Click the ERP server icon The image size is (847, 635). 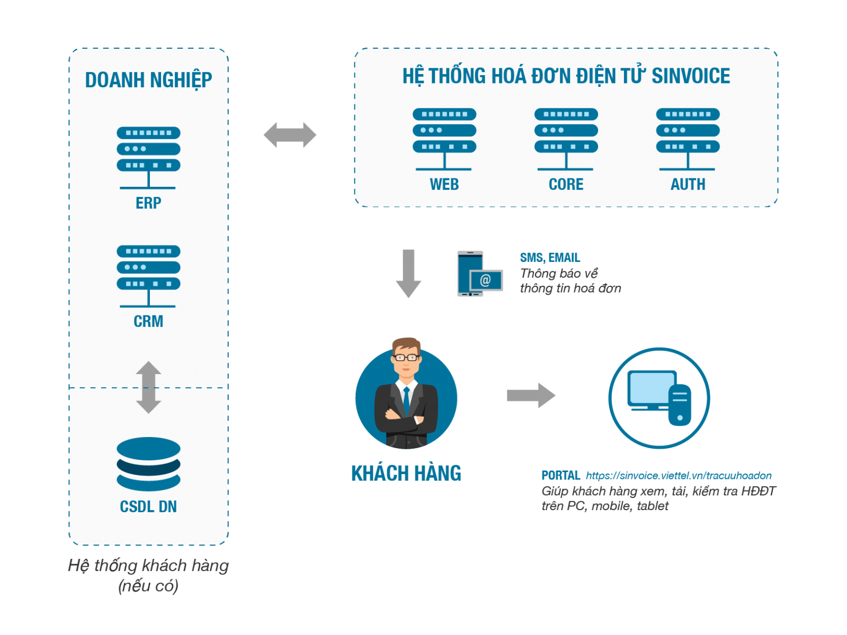pos(148,157)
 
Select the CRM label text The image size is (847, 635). pos(148,321)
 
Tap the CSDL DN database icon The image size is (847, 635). pos(148,464)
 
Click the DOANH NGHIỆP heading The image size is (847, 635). pos(148,80)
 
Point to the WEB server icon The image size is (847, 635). pos(444,138)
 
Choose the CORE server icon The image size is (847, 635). pos(566,138)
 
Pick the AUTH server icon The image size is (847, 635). pos(688,138)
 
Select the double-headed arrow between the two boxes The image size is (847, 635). pos(290,135)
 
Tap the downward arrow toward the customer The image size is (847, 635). pos(408,273)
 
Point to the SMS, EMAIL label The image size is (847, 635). pos(550,258)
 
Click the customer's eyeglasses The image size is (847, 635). pos(406,358)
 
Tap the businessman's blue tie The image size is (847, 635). pos(406,401)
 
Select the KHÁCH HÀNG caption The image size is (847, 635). pos(406,473)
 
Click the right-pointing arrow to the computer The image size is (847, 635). pos(531,395)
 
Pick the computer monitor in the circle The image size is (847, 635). pos(651,389)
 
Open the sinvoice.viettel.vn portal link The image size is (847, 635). pos(679,476)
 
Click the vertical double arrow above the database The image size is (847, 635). pos(148,387)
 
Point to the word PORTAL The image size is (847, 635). pos(560,476)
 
